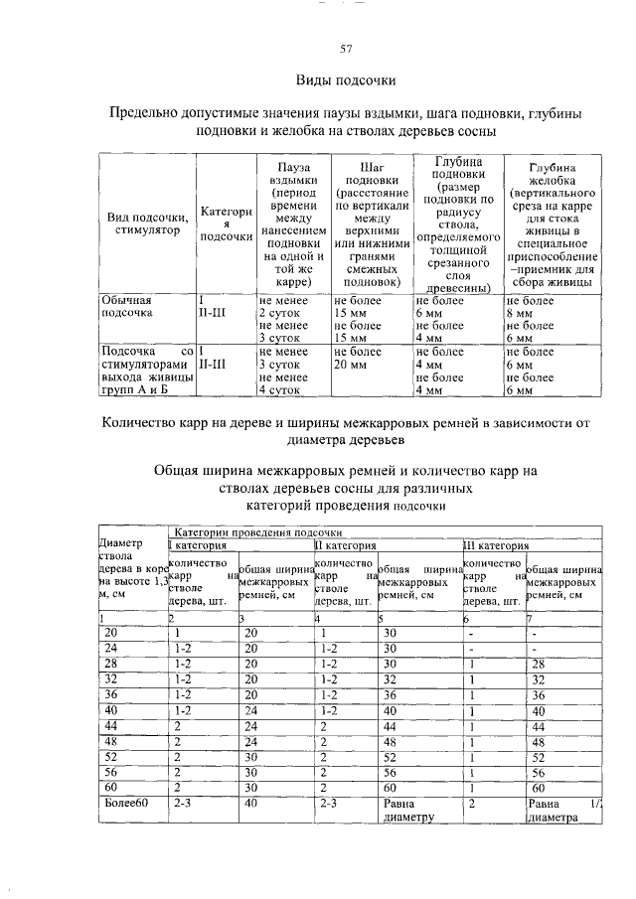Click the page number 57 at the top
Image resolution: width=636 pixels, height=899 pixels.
click(347, 49)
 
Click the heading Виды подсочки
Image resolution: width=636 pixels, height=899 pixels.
click(346, 79)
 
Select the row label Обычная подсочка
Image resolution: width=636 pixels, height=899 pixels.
click(128, 306)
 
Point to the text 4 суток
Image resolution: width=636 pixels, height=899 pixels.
click(279, 390)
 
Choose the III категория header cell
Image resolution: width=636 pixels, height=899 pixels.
click(496, 545)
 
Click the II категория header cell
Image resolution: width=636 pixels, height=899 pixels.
click(345, 545)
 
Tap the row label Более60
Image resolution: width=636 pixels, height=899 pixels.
click(126, 804)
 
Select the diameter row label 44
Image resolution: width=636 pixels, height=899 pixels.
click(111, 726)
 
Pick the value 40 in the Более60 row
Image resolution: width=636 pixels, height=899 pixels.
click(250, 804)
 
